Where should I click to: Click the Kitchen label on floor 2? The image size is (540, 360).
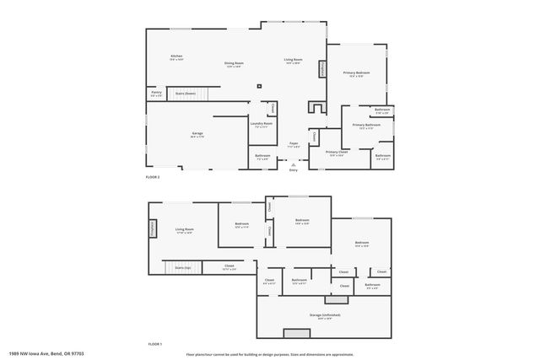tap(176, 57)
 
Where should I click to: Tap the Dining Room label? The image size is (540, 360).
tap(234, 64)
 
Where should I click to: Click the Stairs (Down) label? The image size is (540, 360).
tap(185, 93)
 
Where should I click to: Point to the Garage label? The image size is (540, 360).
tap(197, 134)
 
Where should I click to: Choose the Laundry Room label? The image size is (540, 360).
tap(262, 124)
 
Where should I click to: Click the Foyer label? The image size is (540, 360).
tap(294, 144)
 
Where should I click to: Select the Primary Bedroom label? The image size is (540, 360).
tap(356, 74)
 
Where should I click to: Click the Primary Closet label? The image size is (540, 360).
tap(337, 153)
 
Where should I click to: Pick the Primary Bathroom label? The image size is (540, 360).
tap(366, 126)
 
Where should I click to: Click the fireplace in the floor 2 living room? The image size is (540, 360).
tap(321, 68)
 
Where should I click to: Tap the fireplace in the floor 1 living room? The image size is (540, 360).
tap(154, 228)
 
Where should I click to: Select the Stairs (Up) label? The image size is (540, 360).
tap(183, 266)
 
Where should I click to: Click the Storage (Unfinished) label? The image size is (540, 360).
tap(323, 315)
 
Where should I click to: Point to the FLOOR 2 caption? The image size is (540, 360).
tap(153, 177)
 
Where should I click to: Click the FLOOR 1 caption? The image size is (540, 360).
tap(154, 344)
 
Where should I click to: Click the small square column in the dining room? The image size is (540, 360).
tap(260, 85)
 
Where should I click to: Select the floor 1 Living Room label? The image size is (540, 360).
tap(185, 230)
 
